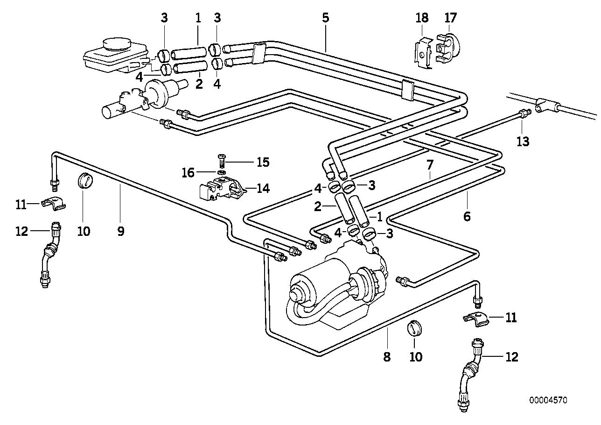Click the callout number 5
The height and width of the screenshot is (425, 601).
[x=325, y=18]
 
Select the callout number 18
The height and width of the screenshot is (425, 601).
[x=422, y=18]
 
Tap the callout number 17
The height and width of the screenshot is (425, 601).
[x=450, y=18]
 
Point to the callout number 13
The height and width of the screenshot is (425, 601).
[x=523, y=142]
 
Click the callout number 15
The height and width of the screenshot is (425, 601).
[x=263, y=162]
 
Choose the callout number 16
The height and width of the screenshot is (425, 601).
[x=188, y=173]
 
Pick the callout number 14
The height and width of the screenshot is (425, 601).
[x=263, y=188]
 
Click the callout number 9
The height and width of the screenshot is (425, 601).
[x=121, y=231]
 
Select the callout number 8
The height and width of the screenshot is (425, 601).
[x=387, y=357]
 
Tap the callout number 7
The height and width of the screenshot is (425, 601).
[x=430, y=165]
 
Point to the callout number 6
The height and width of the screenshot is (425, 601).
[x=467, y=216]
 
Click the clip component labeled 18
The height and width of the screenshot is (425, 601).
[x=423, y=54]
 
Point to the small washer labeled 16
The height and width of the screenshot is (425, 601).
[x=221, y=172]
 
